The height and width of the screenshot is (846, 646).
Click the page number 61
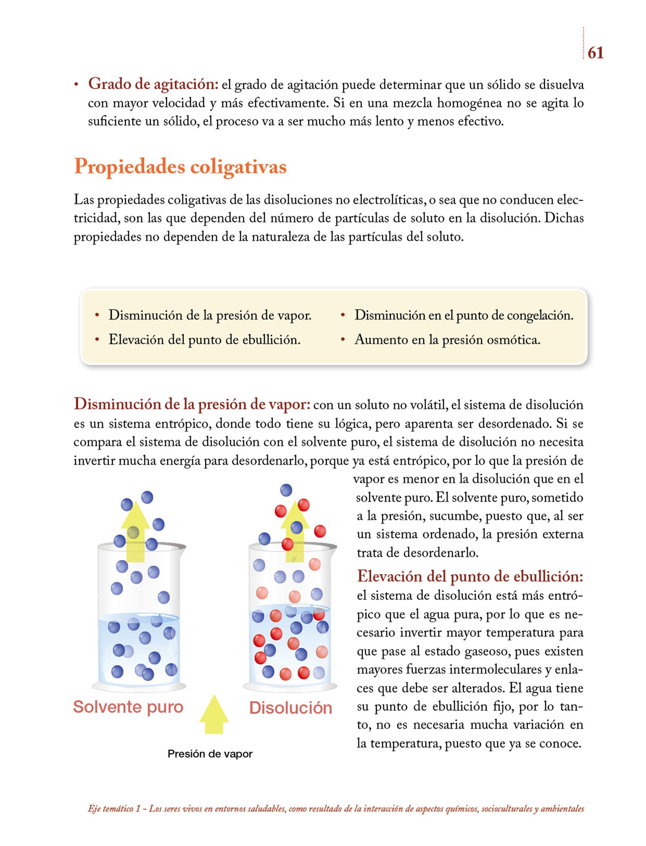[x=595, y=53]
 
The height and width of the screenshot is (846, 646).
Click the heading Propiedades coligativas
[x=180, y=167]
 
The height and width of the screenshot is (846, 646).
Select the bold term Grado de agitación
[x=153, y=84]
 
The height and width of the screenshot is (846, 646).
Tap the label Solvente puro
[x=128, y=707]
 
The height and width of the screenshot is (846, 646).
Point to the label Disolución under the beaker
[x=290, y=708]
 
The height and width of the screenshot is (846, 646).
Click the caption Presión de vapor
[x=210, y=754]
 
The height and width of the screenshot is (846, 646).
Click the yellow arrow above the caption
[x=214, y=714]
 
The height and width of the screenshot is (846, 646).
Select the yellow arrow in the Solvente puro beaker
[x=135, y=533]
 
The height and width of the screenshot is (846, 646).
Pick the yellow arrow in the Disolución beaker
[x=295, y=533]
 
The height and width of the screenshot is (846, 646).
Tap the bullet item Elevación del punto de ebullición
[x=204, y=340]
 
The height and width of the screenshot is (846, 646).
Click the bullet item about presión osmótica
[x=447, y=340]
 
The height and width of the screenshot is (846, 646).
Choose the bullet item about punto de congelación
[x=463, y=315]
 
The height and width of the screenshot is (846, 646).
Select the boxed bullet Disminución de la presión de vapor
[x=209, y=315]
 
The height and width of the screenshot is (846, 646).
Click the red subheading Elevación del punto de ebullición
[x=470, y=576]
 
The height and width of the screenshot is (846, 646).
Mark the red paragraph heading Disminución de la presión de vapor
[x=192, y=404]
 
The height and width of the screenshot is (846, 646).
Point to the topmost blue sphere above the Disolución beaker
[x=286, y=490]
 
